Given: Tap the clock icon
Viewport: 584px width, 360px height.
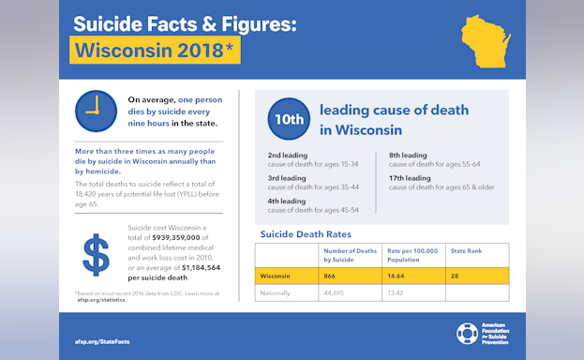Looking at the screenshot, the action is click(x=95, y=111).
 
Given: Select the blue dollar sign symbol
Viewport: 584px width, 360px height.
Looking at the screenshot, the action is click(x=95, y=254).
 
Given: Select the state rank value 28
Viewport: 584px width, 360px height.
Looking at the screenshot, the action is click(x=457, y=276).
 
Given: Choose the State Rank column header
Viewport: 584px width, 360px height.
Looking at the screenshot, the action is click(x=467, y=250).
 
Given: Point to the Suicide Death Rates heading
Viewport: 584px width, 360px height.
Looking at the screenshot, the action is click(x=305, y=233).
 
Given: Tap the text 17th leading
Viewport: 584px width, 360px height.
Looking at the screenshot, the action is click(x=410, y=178).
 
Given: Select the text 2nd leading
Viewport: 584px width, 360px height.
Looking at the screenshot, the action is click(x=287, y=156).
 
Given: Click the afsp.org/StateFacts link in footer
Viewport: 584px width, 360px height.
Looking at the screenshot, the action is click(x=101, y=340).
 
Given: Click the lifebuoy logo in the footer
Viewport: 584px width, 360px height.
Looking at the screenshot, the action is click(x=467, y=335).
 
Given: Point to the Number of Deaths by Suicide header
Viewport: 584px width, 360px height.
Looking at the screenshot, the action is click(x=350, y=254).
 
